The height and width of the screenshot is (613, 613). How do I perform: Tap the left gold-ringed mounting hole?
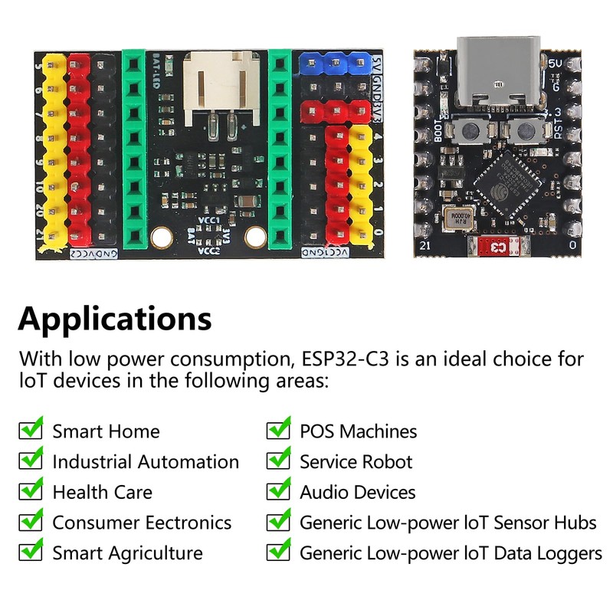160,238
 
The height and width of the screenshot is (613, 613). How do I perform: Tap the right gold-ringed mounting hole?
254,238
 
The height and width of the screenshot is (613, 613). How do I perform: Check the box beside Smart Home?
31,429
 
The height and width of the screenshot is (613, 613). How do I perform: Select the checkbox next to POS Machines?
278,429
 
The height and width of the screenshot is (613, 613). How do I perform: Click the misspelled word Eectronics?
186,523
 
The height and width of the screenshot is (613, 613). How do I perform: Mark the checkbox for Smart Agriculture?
31,551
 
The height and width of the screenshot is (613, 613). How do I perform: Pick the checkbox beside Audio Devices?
278,490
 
